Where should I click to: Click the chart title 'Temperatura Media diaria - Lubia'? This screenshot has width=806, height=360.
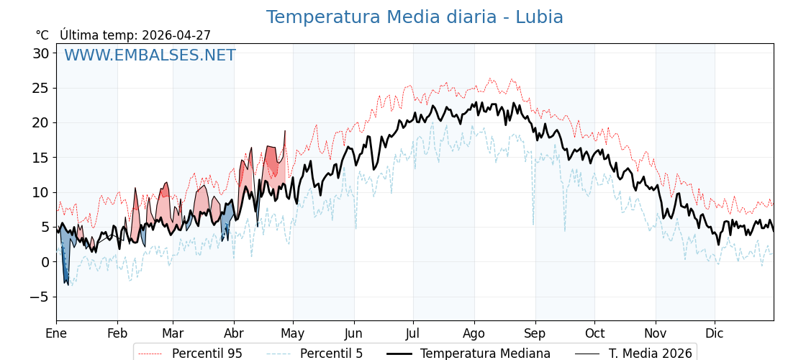coord(415,17)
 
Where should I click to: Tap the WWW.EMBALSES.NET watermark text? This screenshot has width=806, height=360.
coord(150,55)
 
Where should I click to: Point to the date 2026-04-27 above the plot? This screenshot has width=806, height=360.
coord(176,35)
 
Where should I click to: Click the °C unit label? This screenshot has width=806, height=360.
coord(42,35)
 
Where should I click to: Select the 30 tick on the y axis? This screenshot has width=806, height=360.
coord(40,53)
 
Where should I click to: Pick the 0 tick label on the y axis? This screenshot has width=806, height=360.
coord(45,262)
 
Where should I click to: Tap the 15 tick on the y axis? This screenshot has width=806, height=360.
coord(40,158)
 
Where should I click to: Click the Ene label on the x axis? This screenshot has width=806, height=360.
coord(56,333)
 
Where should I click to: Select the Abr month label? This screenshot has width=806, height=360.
coord(234,333)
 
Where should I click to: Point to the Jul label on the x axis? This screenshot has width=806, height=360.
coord(413,333)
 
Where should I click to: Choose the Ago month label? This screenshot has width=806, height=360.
coord(474,333)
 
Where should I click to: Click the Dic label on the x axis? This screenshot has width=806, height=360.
coord(715,333)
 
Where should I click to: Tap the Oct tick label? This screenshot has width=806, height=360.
coord(594,333)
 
